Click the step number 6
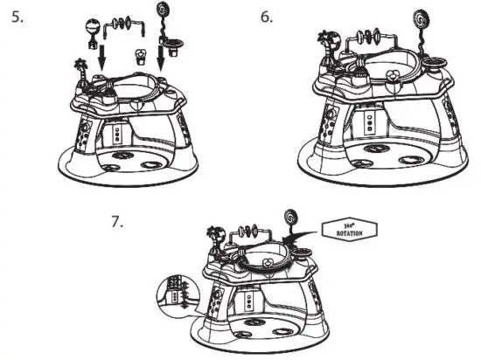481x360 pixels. click(x=267, y=17)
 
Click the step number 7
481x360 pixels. click(x=117, y=220)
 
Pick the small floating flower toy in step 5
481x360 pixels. click(x=138, y=55)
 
